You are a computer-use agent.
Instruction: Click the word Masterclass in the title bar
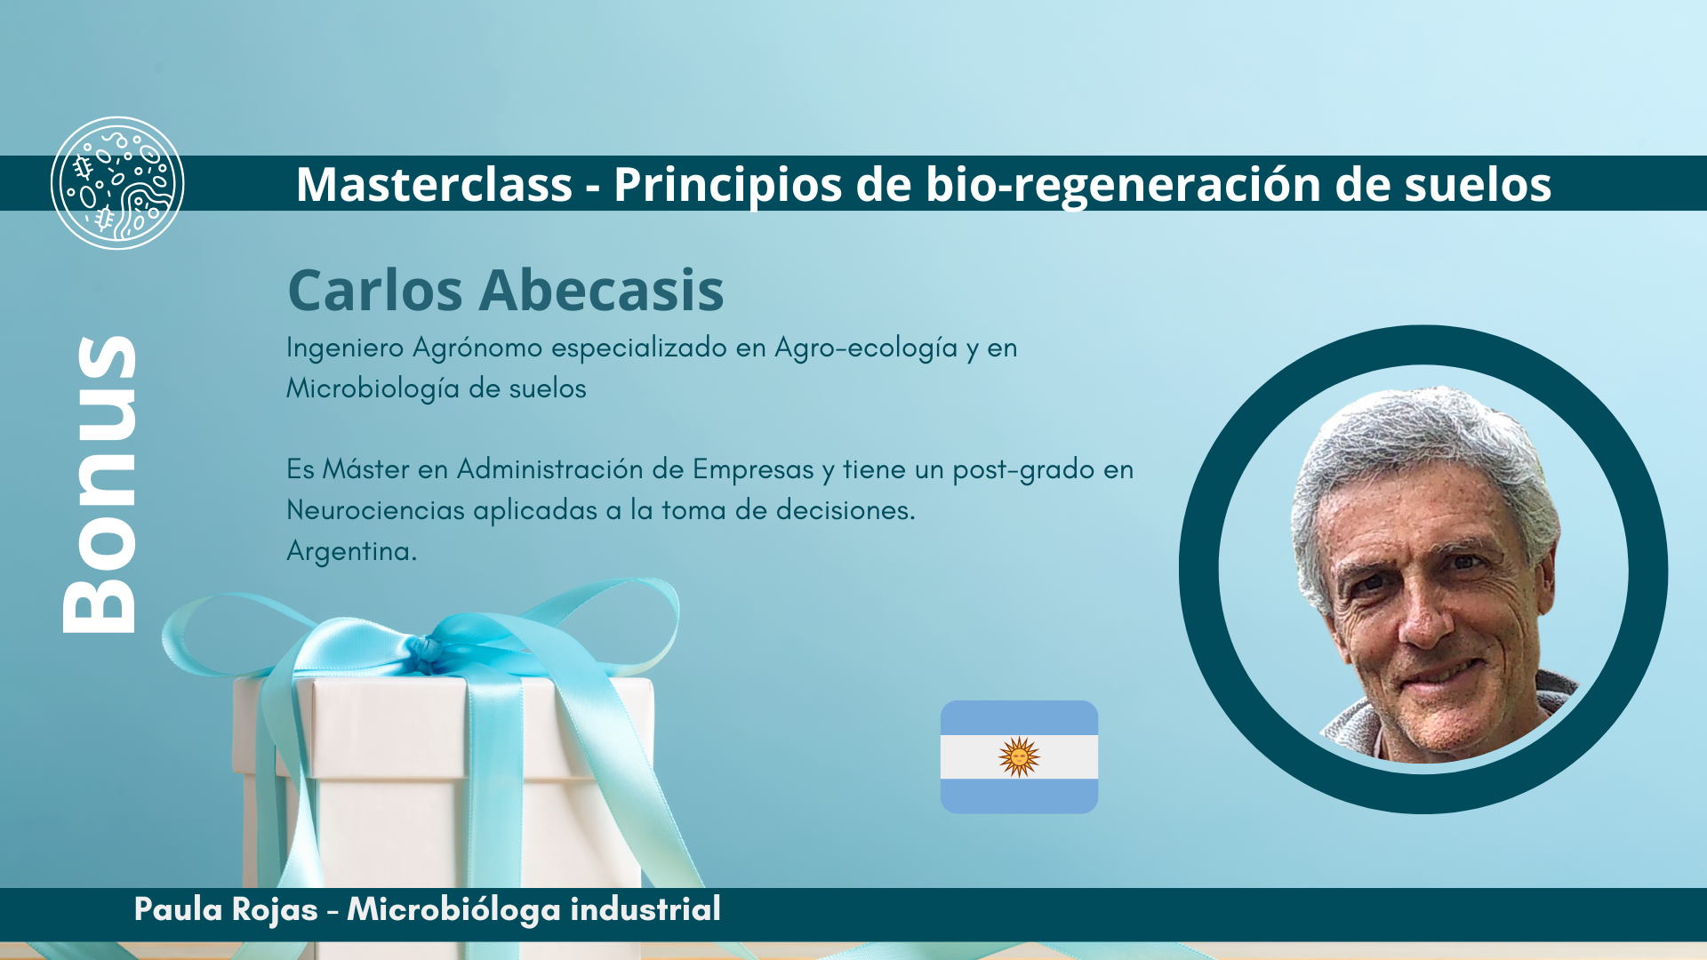434,184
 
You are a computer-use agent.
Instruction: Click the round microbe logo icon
117,183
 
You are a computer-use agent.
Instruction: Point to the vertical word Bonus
100,484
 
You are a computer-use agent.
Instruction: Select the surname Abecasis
601,290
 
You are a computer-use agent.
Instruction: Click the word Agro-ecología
866,348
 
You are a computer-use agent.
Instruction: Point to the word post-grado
1023,470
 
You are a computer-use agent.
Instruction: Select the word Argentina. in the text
351,551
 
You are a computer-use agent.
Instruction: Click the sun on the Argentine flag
1019,757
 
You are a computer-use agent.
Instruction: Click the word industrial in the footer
645,909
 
